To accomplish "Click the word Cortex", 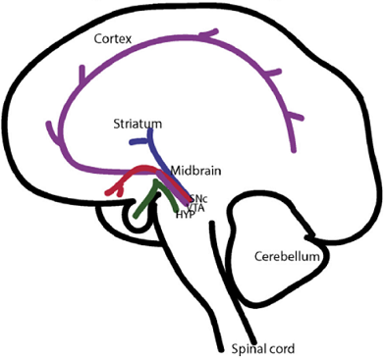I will tap(113, 40).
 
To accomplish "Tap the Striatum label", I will tap(138, 126).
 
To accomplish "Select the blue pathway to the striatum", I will tap(162, 157).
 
